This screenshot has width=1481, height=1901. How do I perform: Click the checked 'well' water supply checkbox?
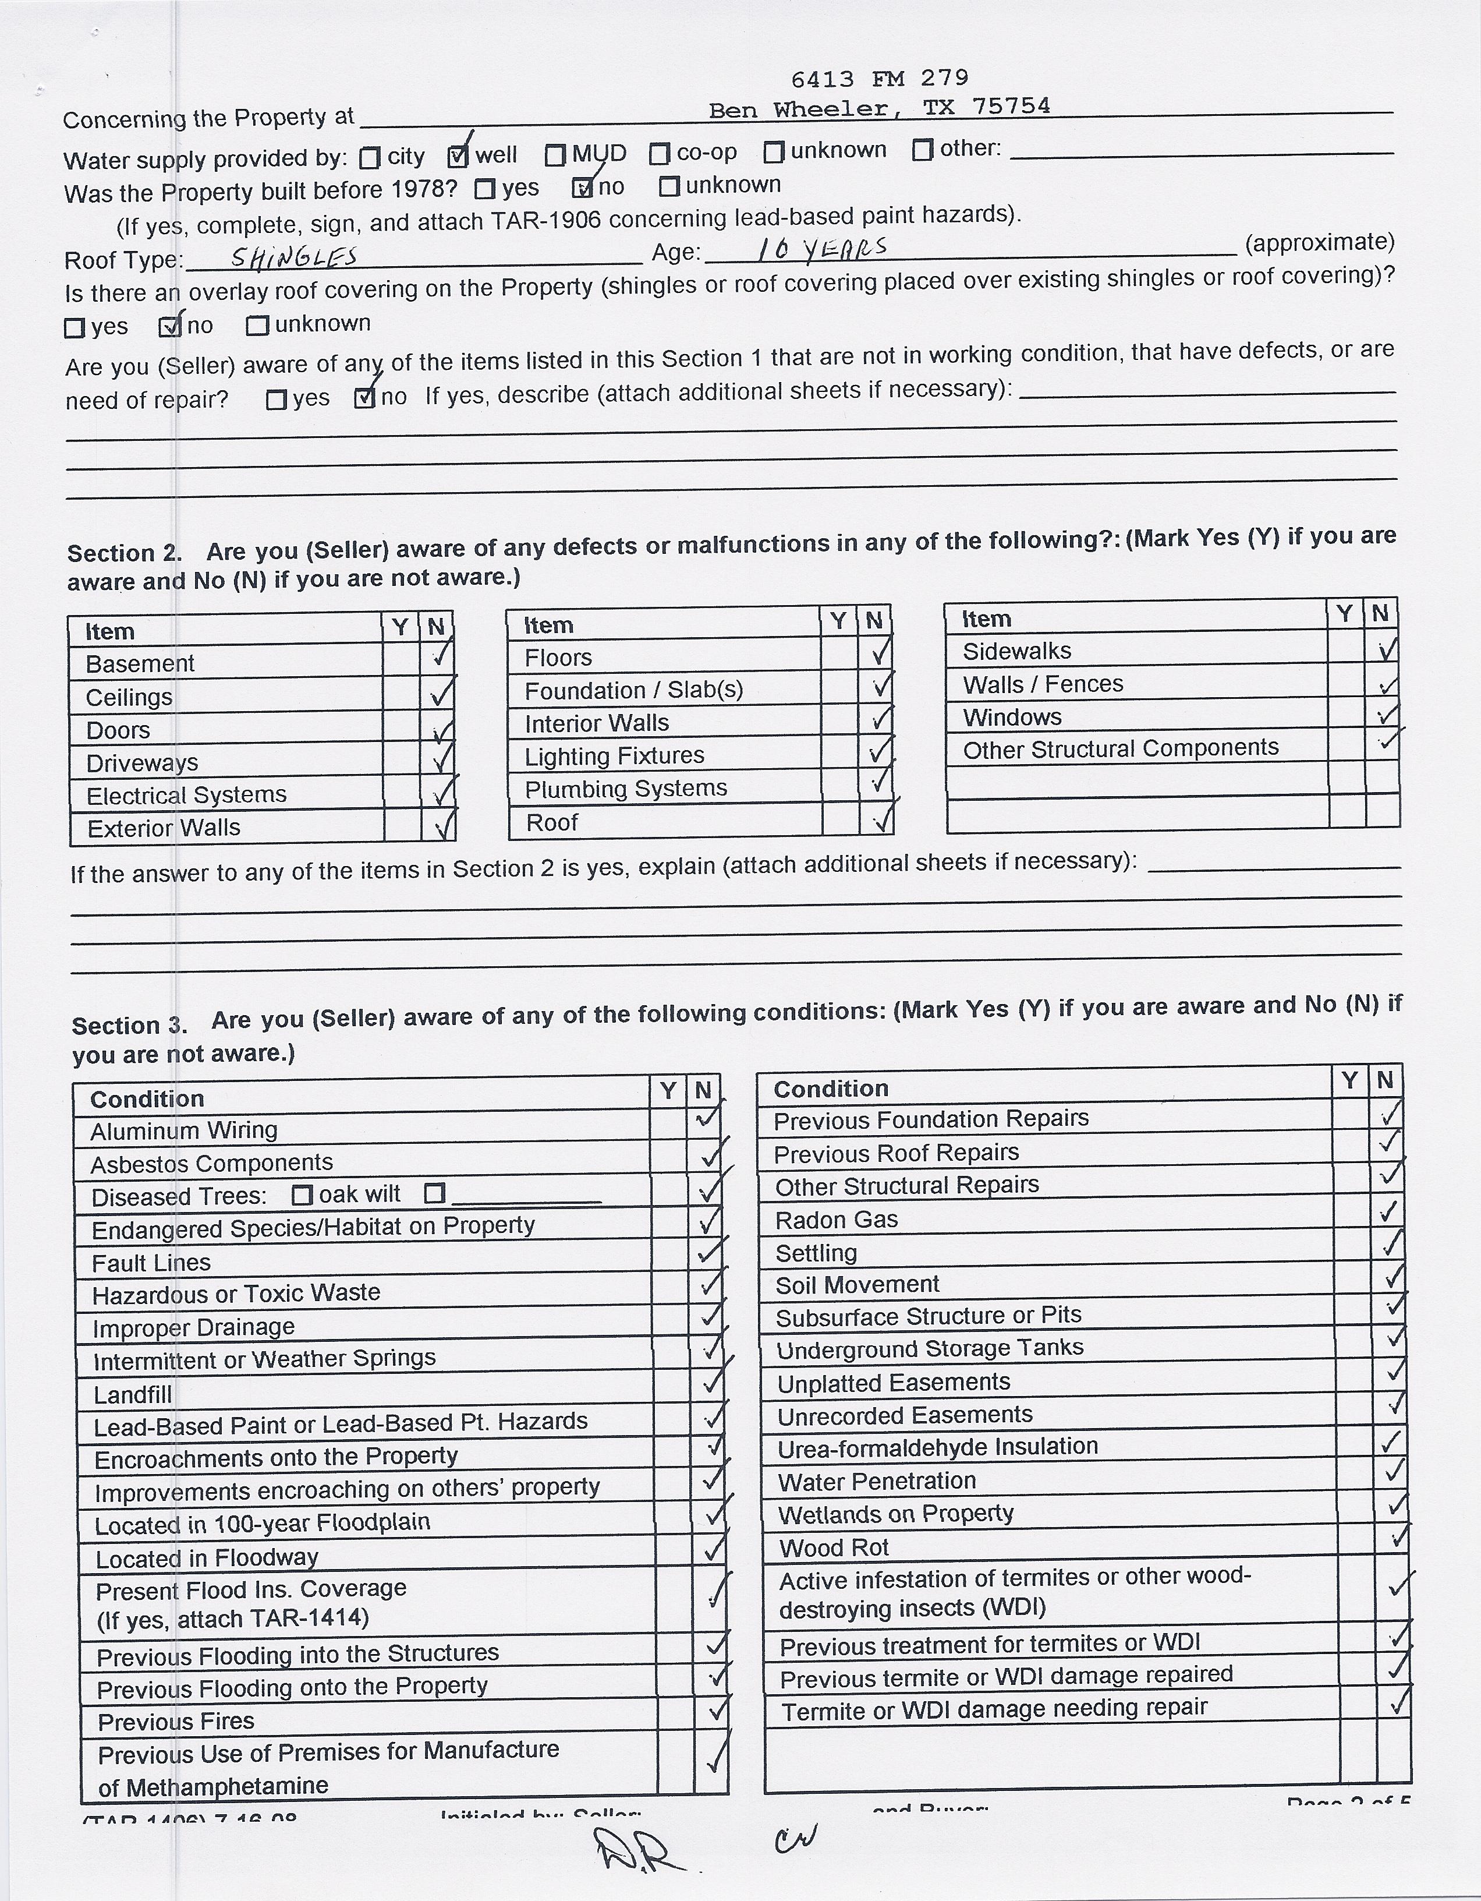pyautogui.click(x=458, y=157)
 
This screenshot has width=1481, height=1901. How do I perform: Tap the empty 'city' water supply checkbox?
pyautogui.click(x=370, y=158)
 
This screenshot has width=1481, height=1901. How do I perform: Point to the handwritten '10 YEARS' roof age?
pyautogui.click(x=821, y=250)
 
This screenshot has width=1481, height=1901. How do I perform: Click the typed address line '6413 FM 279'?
pyautogui.click(x=879, y=79)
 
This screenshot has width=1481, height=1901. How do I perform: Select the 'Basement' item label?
pyautogui.click(x=139, y=664)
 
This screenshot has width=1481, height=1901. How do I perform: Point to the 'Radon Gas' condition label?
pyautogui.click(x=836, y=1220)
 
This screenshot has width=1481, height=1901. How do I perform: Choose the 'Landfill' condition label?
pyautogui.click(x=132, y=1394)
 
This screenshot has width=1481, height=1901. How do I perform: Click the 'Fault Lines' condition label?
pyautogui.click(x=151, y=1262)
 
